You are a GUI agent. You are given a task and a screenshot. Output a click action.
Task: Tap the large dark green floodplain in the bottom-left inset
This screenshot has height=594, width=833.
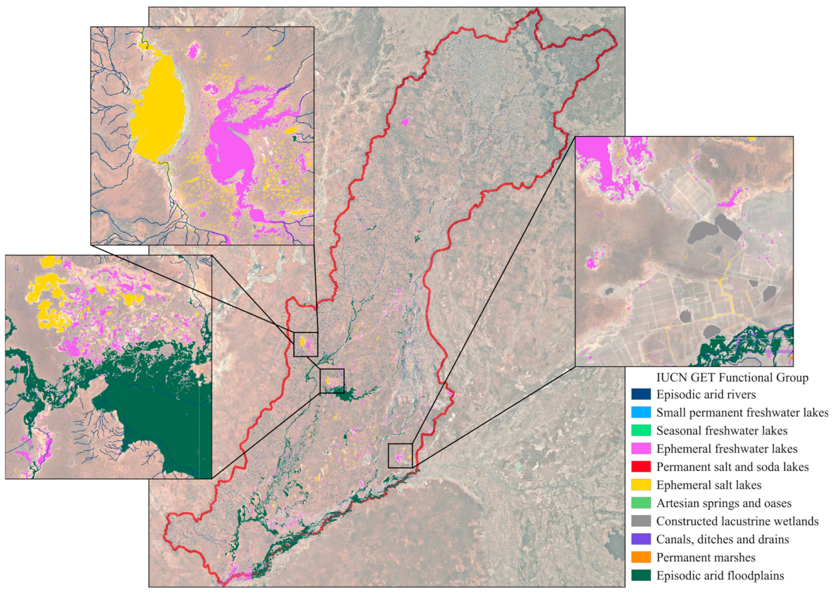point(153,410)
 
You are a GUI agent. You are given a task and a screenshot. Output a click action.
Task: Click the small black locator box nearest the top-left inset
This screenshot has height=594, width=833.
point(305,344)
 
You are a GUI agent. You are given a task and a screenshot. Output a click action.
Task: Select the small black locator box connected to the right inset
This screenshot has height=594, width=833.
point(401,455)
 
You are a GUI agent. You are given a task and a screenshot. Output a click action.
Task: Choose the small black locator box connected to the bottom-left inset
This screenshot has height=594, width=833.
point(332,381)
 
